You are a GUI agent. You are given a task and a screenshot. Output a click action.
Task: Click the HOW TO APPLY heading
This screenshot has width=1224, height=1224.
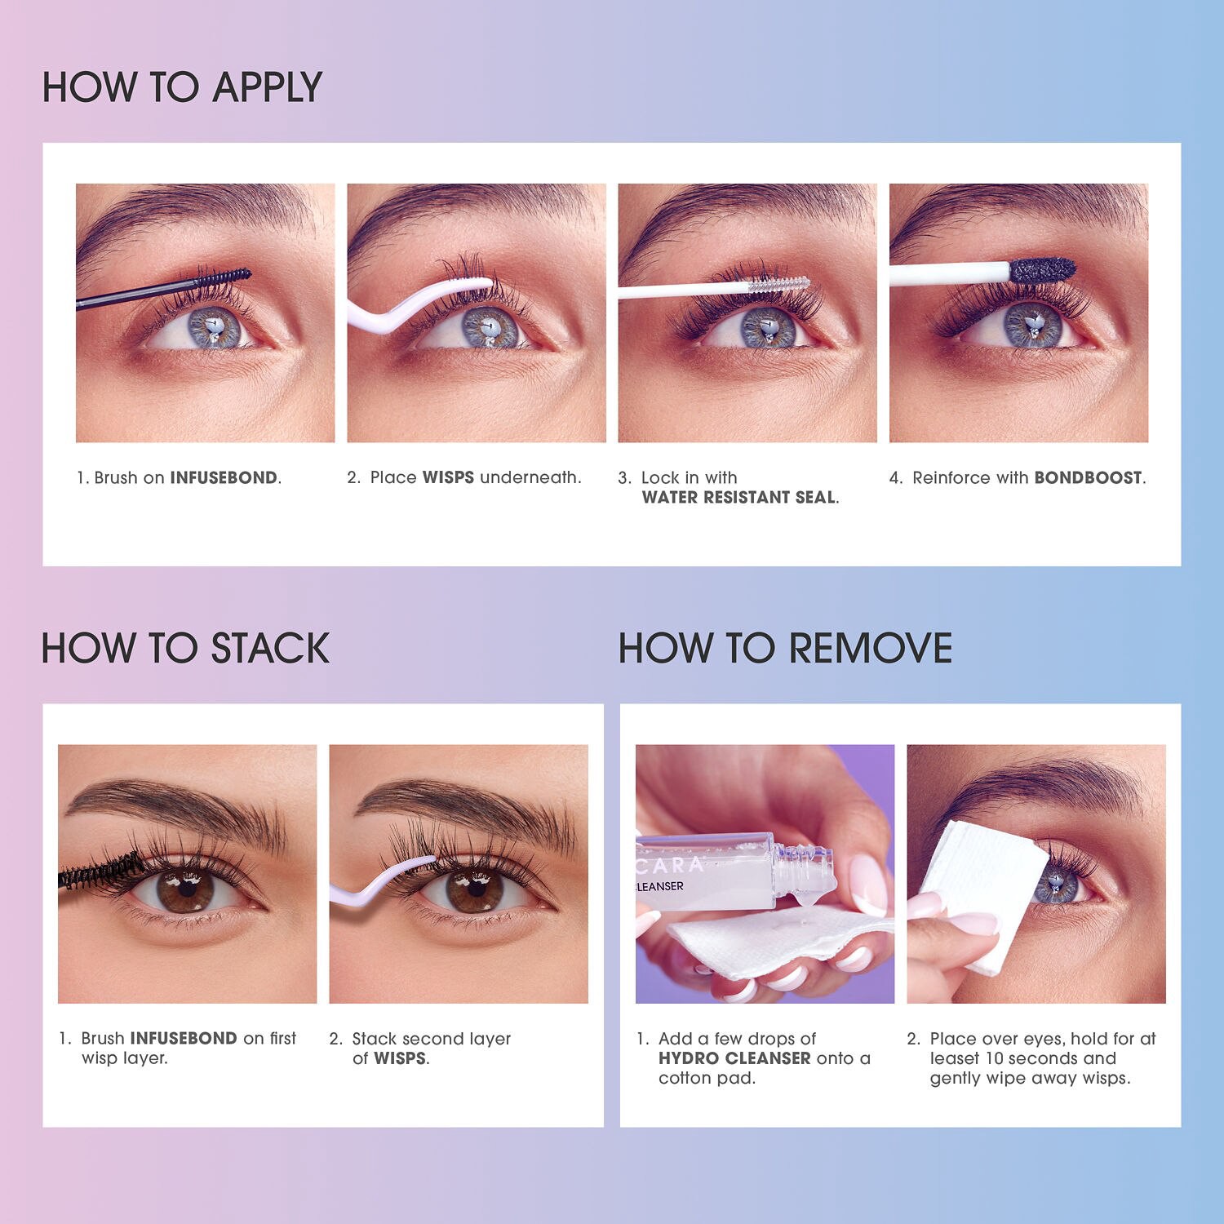pos(182,87)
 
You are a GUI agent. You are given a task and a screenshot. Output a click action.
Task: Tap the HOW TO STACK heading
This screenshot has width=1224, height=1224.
pos(185,649)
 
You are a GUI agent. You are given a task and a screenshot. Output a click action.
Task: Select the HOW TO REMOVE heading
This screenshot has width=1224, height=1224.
pos(785,649)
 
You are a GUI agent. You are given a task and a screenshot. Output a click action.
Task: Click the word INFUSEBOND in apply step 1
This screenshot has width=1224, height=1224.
pos(224,478)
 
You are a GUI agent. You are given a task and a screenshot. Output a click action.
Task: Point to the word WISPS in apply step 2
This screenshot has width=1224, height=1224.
pos(448,478)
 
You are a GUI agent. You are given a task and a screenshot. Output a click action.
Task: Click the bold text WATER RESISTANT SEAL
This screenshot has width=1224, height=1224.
pos(738,498)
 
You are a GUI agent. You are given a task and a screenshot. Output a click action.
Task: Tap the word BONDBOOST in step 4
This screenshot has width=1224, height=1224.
pos(1088,478)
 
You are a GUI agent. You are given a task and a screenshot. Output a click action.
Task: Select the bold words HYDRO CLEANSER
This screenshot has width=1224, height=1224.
pos(734,1058)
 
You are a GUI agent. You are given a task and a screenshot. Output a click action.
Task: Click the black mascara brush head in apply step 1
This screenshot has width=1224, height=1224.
pos(224,277)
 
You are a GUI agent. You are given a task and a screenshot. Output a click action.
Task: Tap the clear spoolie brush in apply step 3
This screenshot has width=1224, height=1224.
pos(779,285)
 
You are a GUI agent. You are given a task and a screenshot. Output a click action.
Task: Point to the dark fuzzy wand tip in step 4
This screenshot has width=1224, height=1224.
pos(1044,269)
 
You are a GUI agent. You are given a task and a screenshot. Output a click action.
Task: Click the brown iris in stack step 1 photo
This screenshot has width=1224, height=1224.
pos(188,889)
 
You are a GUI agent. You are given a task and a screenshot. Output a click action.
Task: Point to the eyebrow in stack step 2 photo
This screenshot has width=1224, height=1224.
pos(465,804)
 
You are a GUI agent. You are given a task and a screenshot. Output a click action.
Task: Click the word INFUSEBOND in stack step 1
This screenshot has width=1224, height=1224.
pos(183,1039)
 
